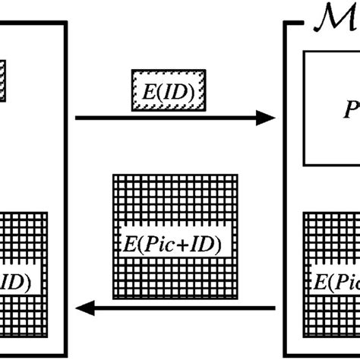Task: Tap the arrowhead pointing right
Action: [x=265, y=117]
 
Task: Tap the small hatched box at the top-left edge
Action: [x=3, y=81]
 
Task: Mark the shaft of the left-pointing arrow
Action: [x=182, y=308]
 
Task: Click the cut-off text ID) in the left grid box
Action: [x=15, y=283]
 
